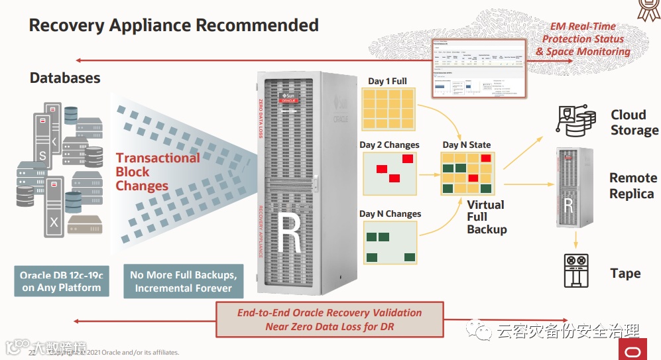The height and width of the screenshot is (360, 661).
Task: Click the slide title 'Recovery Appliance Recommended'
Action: click(174, 26)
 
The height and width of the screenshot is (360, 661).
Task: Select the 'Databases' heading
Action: click(65, 78)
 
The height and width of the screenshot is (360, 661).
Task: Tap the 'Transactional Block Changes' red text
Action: click(158, 172)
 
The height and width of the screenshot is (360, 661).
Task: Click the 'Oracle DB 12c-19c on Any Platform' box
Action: click(61, 281)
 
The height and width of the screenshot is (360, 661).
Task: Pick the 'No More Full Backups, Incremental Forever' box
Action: click(183, 281)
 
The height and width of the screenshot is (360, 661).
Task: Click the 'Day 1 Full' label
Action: click(387, 81)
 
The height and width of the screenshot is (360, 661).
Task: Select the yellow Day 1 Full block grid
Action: click(389, 109)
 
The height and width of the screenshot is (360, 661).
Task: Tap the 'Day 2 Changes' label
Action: click(389, 145)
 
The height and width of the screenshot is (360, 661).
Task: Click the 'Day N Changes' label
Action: click(390, 213)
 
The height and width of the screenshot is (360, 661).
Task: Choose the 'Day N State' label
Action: click(467, 145)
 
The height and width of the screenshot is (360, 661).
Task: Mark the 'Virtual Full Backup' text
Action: click(486, 217)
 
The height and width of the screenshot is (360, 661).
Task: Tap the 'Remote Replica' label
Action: click(633, 186)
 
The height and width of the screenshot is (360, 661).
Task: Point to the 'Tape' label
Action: click(625, 273)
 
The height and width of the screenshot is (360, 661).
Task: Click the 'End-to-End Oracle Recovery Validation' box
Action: click(330, 319)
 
